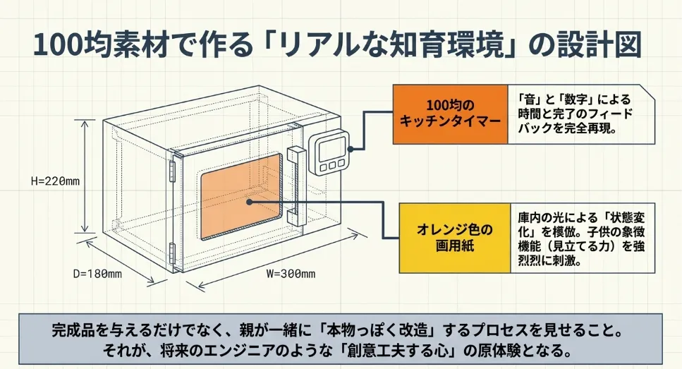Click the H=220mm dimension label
click(55, 181)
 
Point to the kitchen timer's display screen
click(329, 148)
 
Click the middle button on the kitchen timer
click(330, 167)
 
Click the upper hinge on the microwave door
click(171, 169)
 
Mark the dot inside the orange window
click(250, 200)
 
